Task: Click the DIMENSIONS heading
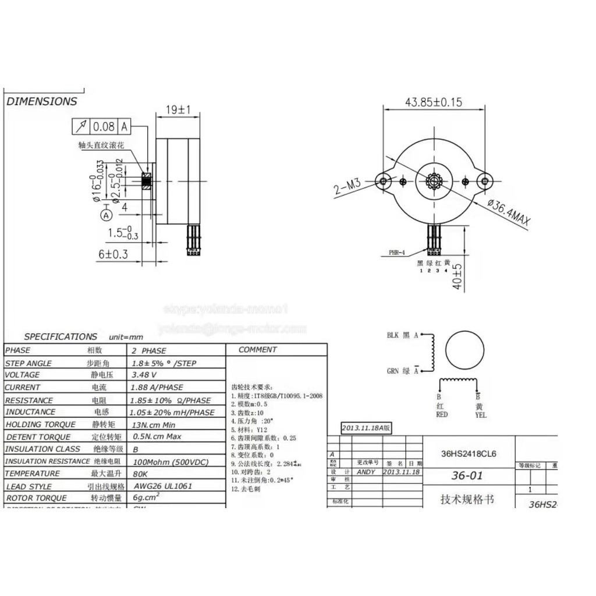(42, 101)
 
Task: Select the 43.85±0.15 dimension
(433, 102)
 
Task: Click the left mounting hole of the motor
(384, 182)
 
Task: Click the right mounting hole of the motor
(484, 182)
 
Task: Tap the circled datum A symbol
(106, 215)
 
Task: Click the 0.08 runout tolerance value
(104, 126)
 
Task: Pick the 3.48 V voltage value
(144, 375)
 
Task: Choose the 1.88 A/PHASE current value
(158, 387)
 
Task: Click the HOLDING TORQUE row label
(41, 425)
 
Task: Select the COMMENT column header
(257, 350)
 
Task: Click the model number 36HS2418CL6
(469, 453)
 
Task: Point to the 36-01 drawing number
(467, 476)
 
